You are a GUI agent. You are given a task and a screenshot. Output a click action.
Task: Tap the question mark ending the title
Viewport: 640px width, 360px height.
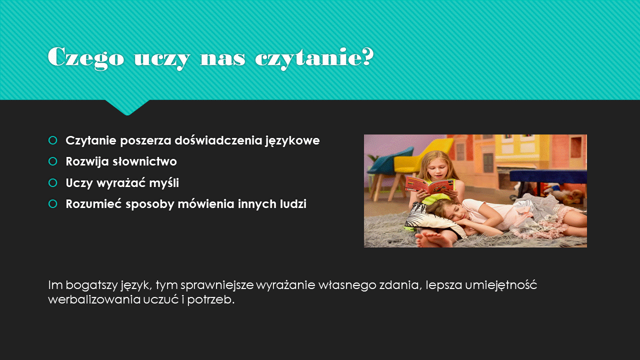[367, 56]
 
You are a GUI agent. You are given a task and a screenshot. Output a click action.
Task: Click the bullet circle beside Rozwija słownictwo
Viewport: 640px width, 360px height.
[53, 161]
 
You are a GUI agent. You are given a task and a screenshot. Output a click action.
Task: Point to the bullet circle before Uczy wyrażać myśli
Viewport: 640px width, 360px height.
[53, 183]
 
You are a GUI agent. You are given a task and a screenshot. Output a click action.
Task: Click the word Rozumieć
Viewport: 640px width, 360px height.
[94, 204]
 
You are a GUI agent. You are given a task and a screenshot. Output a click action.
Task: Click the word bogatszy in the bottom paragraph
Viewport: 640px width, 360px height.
[91, 285]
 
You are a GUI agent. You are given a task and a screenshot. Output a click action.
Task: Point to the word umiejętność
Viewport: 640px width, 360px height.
[501, 285]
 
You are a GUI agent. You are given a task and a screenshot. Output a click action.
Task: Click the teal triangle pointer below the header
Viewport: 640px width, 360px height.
[127, 107]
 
